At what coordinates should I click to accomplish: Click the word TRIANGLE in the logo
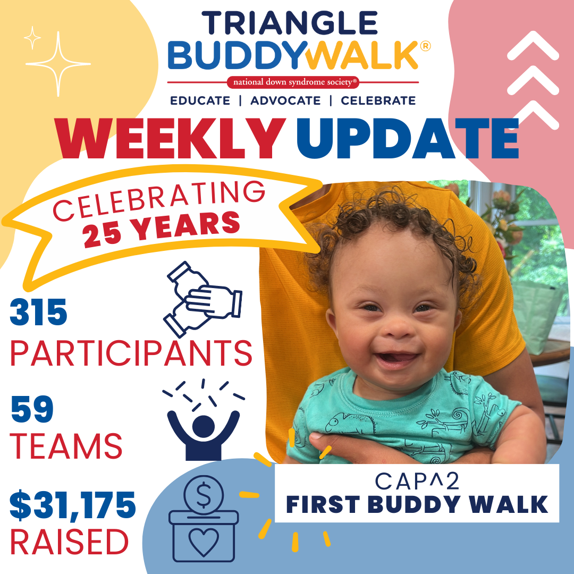coord(290,23)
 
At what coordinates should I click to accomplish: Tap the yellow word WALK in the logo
coord(362,55)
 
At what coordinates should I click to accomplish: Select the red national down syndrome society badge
coord(293,82)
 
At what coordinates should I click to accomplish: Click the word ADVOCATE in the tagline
coord(285,100)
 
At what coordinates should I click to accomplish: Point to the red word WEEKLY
coord(170,138)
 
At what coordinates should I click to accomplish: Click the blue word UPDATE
coord(408,138)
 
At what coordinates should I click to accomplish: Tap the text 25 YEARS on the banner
coord(161,229)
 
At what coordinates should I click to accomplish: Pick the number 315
coord(38,312)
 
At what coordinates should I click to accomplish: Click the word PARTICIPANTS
coord(131,352)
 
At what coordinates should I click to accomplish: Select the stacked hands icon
coord(202,299)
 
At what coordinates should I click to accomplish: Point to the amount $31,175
coord(72,505)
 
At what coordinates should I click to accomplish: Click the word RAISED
coord(69,542)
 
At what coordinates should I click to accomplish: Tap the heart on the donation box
coord(204,542)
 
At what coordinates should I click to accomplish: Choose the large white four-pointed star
coord(58,64)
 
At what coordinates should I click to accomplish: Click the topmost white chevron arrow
coord(533,46)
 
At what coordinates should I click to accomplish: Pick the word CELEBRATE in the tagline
coord(378,100)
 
